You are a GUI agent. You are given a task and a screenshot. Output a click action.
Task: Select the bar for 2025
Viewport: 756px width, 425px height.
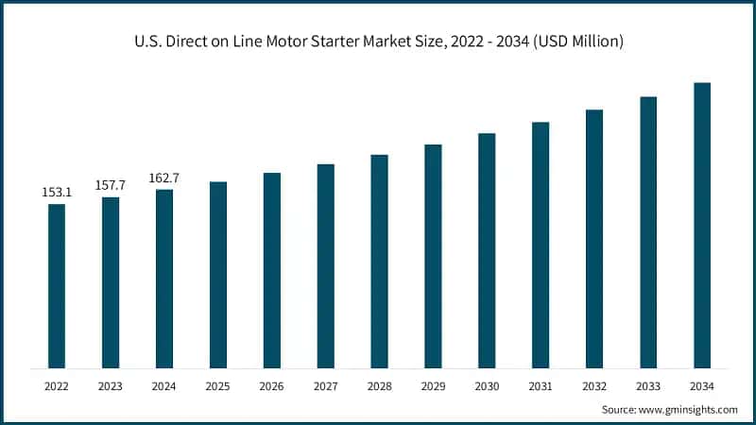pyautogui.click(x=218, y=274)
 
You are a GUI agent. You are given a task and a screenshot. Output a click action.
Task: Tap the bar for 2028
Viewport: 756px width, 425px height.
pyautogui.click(x=379, y=261)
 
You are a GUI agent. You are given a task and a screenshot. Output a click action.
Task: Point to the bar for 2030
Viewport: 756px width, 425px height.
pyautogui.click(x=487, y=250)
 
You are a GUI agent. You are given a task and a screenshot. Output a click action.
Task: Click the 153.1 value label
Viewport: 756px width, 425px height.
pyautogui.click(x=57, y=193)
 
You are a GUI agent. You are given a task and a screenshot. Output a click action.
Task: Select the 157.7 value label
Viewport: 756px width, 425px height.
pyautogui.click(x=111, y=185)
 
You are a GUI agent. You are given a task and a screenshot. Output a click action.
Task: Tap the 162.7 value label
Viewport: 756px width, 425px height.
pyautogui.click(x=164, y=178)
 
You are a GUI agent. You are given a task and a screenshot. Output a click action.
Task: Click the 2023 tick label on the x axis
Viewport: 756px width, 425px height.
pyautogui.click(x=111, y=386)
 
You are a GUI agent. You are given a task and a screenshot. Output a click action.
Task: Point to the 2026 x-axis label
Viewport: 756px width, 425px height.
pyautogui.click(x=272, y=386)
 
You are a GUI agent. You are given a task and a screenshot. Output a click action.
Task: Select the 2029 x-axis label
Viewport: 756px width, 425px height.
pyautogui.click(x=433, y=386)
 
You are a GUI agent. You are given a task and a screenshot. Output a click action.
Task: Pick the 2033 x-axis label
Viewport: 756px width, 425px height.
pyautogui.click(x=648, y=386)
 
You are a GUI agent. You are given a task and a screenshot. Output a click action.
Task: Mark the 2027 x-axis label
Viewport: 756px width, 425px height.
pyautogui.click(x=325, y=386)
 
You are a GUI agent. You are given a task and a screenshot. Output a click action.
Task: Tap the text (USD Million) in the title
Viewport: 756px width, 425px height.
pyautogui.click(x=581, y=42)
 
